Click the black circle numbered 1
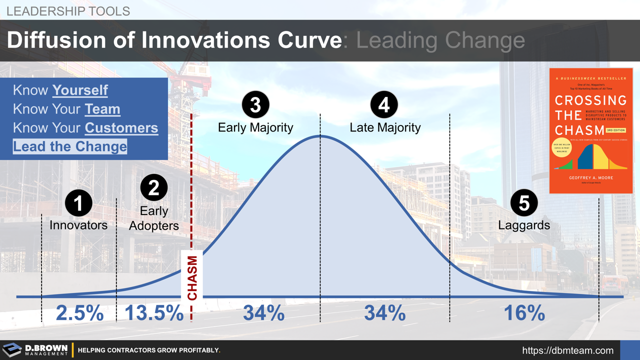click(78, 203)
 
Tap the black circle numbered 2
click(153, 188)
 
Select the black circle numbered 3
click(255, 105)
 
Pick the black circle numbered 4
click(384, 105)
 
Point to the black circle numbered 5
click(523, 203)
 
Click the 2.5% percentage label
click(79, 313)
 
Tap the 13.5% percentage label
click(153, 313)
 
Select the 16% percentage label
click(523, 313)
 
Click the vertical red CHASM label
click(192, 278)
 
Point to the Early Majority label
click(255, 127)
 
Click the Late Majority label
click(385, 127)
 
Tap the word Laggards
click(524, 225)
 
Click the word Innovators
click(78, 225)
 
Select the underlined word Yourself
click(80, 90)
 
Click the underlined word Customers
click(121, 128)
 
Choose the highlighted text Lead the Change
click(70, 146)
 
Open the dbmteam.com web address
click(567, 350)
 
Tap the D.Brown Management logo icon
click(12, 350)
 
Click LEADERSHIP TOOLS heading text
click(68, 11)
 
